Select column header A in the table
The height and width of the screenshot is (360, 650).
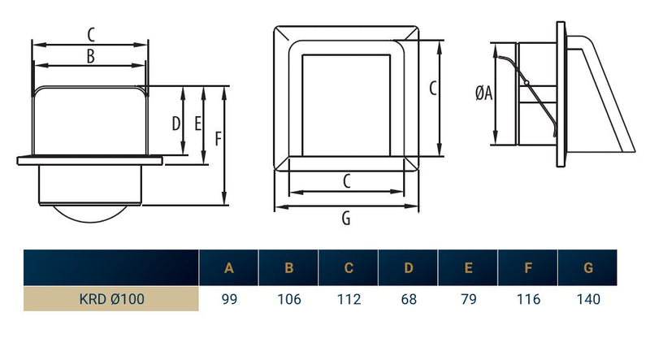click(x=229, y=268)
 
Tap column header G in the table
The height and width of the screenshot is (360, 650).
click(x=588, y=268)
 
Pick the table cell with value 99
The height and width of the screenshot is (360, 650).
click(x=229, y=299)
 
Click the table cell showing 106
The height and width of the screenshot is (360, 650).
click(x=288, y=299)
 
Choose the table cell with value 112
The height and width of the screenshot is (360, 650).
click(x=349, y=299)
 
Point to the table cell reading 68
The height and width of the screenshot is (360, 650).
click(x=409, y=299)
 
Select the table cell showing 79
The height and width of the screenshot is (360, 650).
click(x=468, y=299)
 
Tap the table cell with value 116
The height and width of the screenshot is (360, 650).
click(x=528, y=299)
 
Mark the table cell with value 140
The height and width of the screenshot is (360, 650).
click(x=588, y=299)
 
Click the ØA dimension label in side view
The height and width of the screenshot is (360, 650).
click(x=484, y=94)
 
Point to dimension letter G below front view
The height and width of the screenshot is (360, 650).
click(x=347, y=218)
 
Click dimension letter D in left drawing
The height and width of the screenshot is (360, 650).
click(x=175, y=124)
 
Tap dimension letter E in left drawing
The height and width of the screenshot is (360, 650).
click(x=197, y=124)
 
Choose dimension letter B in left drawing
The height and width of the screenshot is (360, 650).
click(x=91, y=56)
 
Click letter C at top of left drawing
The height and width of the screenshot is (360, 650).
click(x=91, y=34)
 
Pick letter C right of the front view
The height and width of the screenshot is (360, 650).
click(x=433, y=87)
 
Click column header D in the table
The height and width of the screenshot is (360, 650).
click(x=409, y=268)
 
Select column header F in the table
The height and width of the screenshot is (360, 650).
click(x=528, y=268)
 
